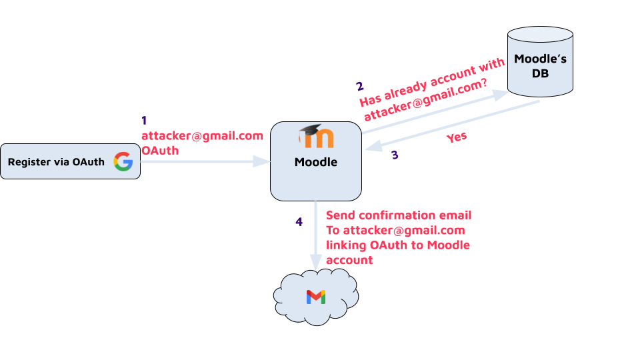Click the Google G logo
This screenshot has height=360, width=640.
coord(123,161)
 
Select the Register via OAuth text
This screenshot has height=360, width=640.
coord(56,161)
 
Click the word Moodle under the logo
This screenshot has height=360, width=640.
coord(316,162)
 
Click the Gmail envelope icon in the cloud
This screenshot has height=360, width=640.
coord(316,297)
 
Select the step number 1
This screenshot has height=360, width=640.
coord(144,121)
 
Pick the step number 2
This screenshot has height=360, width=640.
coord(360,87)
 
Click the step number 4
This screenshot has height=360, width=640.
coord(299,221)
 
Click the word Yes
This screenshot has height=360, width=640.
coord(457,137)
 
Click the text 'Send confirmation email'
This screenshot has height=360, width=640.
coord(399,215)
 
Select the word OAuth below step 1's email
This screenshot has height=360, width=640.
coord(160,151)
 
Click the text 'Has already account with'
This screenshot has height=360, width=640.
coord(422,83)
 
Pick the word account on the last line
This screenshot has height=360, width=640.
coord(349,260)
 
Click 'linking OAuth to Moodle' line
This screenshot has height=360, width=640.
coord(398,245)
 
